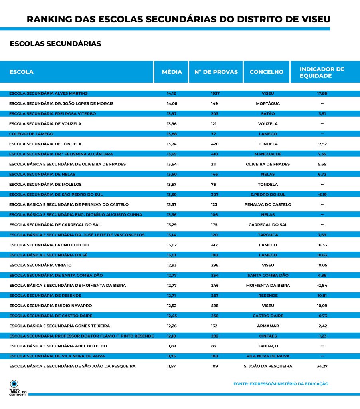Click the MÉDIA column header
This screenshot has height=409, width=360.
coord(172,72)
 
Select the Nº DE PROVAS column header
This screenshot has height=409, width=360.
coord(216,72)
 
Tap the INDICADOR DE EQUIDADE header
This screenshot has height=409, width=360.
coord(322,72)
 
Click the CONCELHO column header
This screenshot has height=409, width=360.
coord(266,72)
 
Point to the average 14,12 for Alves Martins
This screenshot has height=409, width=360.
coord(171,93)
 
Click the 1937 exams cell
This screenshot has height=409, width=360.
coord(215,93)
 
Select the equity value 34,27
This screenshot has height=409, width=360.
coord(322,366)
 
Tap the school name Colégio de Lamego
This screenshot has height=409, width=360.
coord(31,134)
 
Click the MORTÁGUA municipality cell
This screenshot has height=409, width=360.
coord(267,103)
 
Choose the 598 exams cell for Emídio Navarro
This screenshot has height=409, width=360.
coord(215,306)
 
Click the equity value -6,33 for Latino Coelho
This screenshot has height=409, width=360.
coord(322,245)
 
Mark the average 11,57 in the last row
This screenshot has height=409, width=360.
coord(171,366)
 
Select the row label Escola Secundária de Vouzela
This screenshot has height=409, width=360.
coord(45,124)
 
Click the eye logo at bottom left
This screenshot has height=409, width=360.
coord(14,383)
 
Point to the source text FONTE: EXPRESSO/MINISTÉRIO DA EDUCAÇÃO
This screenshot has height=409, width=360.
coord(281,384)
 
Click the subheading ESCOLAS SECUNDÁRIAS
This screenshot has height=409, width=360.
coord(55,44)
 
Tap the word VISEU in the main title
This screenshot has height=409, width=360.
coord(313,19)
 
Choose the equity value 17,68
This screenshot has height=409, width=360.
coord(322,93)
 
